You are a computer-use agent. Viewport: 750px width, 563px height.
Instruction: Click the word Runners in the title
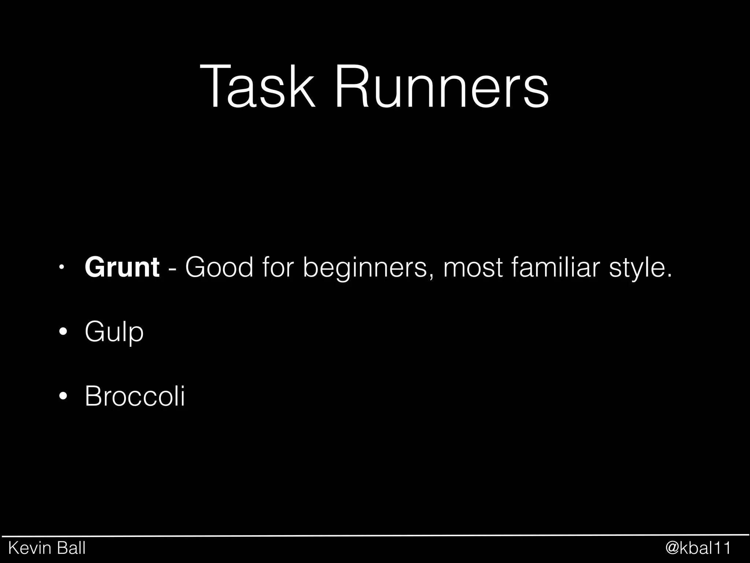point(441,87)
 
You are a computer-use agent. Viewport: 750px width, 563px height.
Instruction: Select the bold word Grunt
point(122,267)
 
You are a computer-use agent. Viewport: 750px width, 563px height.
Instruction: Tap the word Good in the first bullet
point(219,267)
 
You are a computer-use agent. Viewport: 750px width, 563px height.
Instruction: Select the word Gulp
point(114,332)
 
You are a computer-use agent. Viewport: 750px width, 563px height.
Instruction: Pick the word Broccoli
point(135,396)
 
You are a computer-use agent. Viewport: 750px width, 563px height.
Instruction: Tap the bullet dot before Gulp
point(63,332)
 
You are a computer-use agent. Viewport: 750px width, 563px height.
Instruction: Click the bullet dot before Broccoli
point(63,396)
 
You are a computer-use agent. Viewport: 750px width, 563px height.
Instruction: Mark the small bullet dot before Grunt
point(63,267)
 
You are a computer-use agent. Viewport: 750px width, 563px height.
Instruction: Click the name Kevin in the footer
point(28,548)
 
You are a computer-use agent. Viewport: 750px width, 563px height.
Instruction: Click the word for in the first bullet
point(278,267)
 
